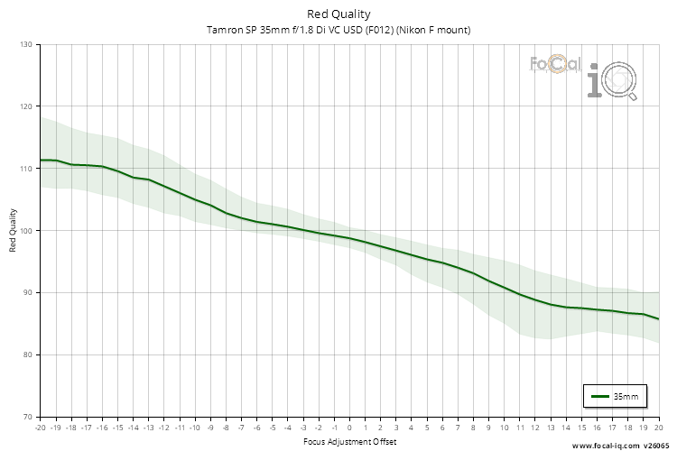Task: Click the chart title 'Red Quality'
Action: (x=338, y=14)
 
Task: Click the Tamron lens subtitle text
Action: (x=338, y=30)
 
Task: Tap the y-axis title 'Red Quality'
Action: (x=14, y=230)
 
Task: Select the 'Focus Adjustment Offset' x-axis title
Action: (x=348, y=442)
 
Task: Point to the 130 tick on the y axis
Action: (x=24, y=44)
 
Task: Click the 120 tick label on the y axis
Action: (x=24, y=106)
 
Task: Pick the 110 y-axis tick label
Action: (x=24, y=169)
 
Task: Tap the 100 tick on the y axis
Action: (x=24, y=231)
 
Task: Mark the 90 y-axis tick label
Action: (x=26, y=292)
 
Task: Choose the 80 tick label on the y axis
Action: (x=26, y=354)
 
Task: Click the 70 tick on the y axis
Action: (x=26, y=417)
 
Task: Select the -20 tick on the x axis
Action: (x=40, y=428)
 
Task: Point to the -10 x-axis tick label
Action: (x=194, y=428)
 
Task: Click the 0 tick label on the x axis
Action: (x=349, y=428)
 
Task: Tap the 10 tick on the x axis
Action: (x=504, y=428)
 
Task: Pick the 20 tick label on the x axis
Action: (x=658, y=428)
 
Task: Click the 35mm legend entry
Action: (x=616, y=396)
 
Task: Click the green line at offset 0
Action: (x=349, y=238)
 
